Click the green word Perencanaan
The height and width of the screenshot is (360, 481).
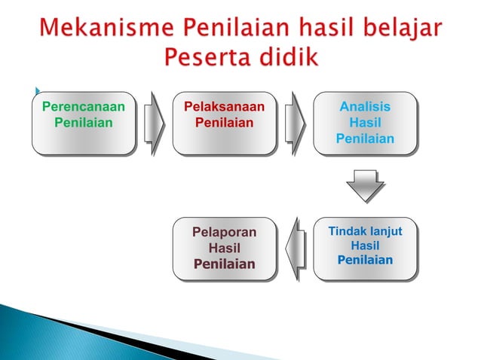tap(84, 107)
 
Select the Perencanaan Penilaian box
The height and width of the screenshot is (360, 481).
tap(84, 124)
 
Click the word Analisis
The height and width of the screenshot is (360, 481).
tap(365, 107)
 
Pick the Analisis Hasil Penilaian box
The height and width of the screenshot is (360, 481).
tap(365, 124)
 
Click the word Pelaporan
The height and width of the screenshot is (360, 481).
tap(225, 233)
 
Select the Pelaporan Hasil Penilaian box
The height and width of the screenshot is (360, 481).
tap(225, 249)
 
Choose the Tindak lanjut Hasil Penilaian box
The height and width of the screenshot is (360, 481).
tap(365, 249)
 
